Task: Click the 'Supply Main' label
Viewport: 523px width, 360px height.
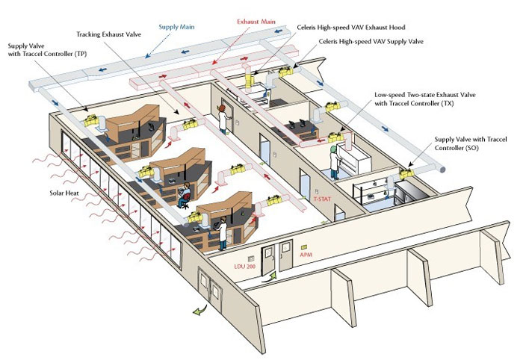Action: (177, 27)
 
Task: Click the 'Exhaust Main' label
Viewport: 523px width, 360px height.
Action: (257, 22)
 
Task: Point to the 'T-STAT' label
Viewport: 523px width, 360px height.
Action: (322, 199)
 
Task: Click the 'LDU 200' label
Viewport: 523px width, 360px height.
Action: (245, 266)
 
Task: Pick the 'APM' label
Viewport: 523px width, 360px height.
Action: (306, 254)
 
